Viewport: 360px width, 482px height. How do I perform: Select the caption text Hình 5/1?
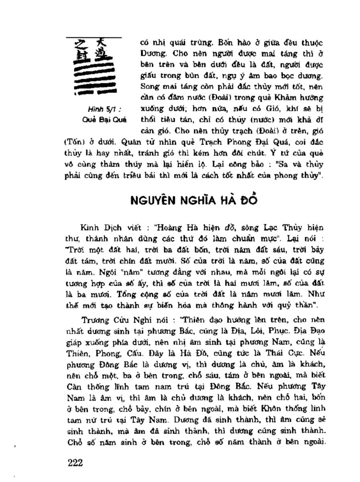(x=98, y=108)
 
